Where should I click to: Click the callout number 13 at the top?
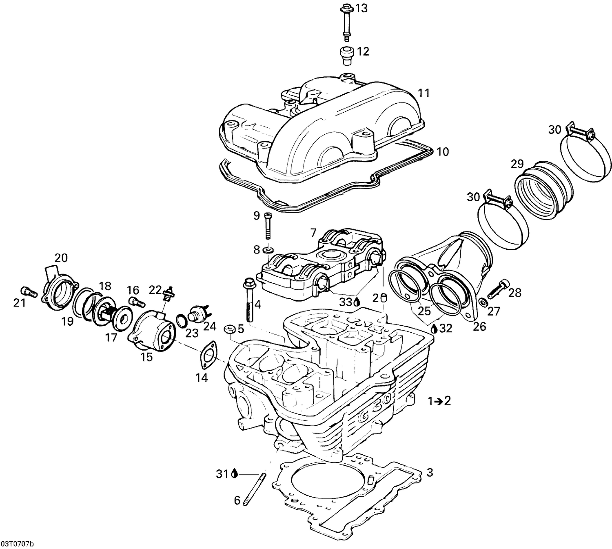tap(361, 8)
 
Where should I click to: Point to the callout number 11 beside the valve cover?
tap(424, 93)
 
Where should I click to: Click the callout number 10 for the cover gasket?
tap(442, 152)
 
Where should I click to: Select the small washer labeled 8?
tap(268, 249)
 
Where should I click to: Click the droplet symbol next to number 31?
tap(234, 473)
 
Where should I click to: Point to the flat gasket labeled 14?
tap(209, 354)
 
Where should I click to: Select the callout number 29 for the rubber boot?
tap(517, 164)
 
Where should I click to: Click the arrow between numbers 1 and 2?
tap(438, 401)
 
